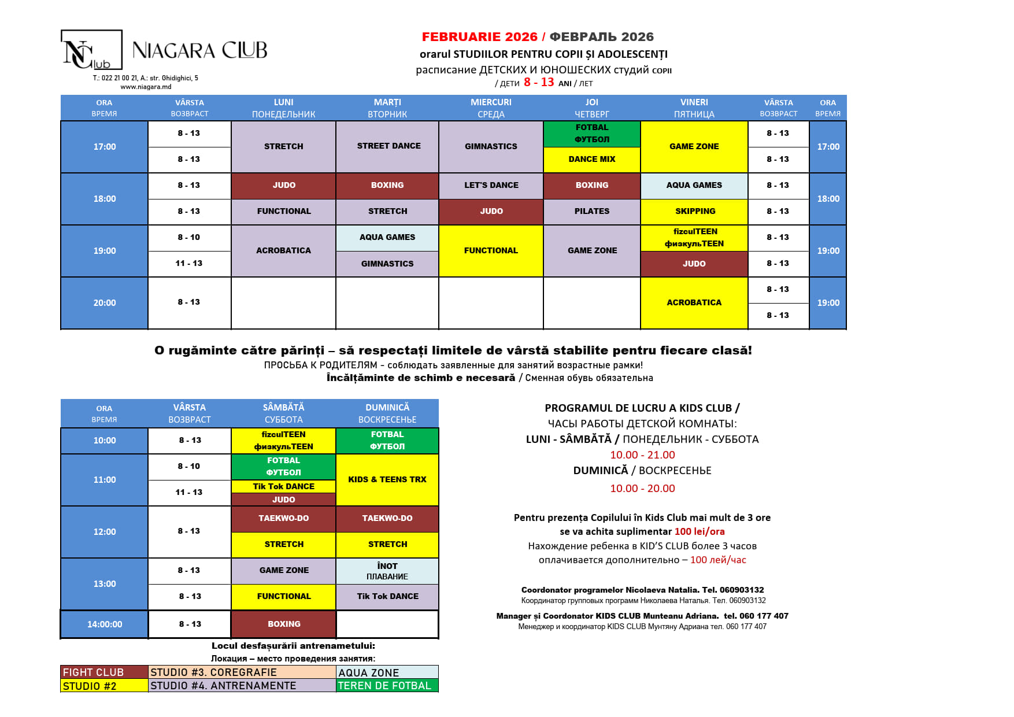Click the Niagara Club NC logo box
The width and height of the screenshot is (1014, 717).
[91, 50]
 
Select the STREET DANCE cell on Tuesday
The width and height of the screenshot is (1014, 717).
[388, 146]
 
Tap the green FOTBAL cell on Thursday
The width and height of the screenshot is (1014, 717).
[591, 134]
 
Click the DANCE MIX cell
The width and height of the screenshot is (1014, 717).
[591, 160]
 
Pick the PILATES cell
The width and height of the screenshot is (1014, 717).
[591, 212]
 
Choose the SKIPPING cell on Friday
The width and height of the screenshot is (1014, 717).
[694, 212]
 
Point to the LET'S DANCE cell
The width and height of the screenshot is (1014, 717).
[491, 186]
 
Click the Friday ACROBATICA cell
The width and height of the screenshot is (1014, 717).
[694, 303]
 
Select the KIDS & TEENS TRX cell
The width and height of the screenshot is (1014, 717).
[387, 480]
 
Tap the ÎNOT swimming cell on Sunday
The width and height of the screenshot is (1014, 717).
[387, 571]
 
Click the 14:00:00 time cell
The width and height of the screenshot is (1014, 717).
[105, 624]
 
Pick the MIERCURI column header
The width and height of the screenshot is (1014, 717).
[491, 108]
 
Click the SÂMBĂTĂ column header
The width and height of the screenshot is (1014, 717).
[283, 413]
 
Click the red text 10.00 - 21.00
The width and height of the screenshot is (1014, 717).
[642, 455]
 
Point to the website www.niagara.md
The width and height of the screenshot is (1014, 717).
[146, 87]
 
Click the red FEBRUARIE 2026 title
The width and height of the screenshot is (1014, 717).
[479, 37]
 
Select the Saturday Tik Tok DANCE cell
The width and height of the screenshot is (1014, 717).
[283, 486]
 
